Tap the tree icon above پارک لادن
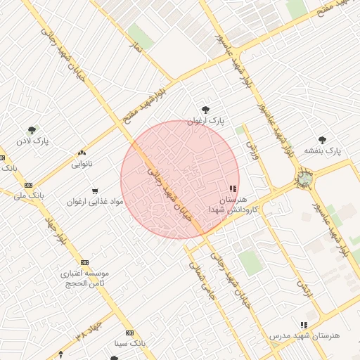(32, 129)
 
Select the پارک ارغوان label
(205, 121)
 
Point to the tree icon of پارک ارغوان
(205, 110)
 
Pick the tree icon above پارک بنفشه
(322, 139)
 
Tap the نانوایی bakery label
(82, 164)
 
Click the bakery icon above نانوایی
(82, 153)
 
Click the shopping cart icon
(95, 191)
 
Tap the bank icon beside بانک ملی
(28, 184)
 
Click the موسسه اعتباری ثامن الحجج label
(85, 277)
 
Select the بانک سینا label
(129, 344)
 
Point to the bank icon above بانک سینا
(129, 333)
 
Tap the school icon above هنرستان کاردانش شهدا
(233, 188)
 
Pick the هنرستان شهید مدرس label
(304, 336)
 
